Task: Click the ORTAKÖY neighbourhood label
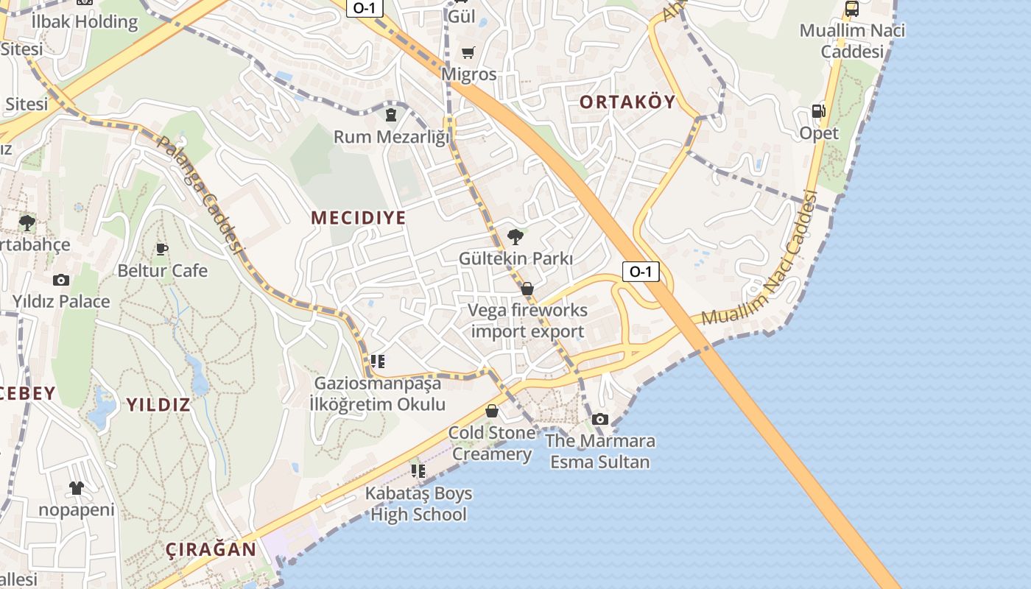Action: (627, 102)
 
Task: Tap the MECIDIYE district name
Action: (359, 218)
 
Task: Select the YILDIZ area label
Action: (158, 404)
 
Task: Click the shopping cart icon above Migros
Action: (468, 52)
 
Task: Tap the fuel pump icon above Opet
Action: (818, 111)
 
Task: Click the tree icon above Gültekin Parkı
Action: (515, 236)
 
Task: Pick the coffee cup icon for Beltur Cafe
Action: (162, 249)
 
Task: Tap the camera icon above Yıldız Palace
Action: (61, 280)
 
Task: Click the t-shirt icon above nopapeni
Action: (77, 487)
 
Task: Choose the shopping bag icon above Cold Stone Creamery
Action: (491, 411)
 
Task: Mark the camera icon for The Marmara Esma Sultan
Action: (600, 419)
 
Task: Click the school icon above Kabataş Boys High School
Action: (418, 470)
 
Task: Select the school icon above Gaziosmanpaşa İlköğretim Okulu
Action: (377, 361)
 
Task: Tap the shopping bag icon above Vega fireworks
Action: (527, 289)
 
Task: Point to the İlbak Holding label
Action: (85, 22)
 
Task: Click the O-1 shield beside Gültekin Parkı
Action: (640, 272)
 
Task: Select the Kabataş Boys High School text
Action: (418, 504)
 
